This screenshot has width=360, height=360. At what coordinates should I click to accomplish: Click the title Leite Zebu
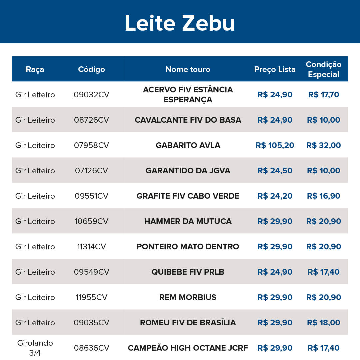(180, 23)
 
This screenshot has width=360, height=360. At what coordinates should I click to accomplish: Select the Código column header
(91, 69)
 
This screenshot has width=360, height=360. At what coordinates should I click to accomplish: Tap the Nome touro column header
(188, 69)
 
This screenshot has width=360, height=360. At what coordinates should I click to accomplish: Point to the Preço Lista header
(275, 69)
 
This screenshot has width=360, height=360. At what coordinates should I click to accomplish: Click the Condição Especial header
(323, 69)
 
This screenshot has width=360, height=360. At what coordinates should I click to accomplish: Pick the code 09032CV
(91, 95)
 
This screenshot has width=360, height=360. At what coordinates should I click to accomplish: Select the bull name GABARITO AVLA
(188, 145)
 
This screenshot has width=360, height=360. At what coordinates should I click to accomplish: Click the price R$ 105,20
(275, 145)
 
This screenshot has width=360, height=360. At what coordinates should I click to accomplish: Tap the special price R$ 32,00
(323, 145)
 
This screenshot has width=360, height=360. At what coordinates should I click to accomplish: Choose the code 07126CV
(91, 171)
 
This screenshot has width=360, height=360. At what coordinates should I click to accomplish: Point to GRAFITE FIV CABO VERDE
(188, 196)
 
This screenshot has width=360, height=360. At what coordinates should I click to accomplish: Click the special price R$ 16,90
(323, 196)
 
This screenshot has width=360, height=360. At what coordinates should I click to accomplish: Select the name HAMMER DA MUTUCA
(188, 221)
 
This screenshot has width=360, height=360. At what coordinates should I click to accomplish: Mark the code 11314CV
(91, 247)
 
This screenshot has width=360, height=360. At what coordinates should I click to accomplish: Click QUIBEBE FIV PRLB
(188, 272)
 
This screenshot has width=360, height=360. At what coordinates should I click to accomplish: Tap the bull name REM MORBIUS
(188, 297)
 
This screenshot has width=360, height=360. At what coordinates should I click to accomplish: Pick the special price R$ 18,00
(323, 323)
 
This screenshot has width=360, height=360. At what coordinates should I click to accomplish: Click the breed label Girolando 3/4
(35, 348)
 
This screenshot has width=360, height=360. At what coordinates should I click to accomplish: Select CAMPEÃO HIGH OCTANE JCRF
(188, 348)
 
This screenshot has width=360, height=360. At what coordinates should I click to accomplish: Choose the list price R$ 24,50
(275, 171)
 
